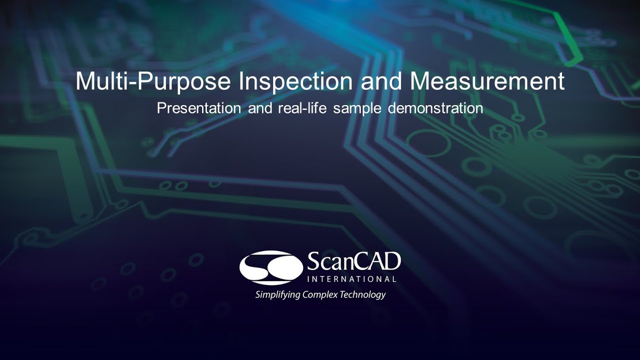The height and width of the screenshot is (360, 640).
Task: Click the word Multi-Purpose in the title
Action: [x=154, y=81]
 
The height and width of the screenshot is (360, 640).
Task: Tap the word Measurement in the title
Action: [x=487, y=81]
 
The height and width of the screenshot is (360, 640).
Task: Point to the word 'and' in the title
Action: [x=381, y=81]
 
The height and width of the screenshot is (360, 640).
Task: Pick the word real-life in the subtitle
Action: [x=303, y=108]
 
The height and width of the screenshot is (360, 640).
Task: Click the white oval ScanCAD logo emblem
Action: [x=271, y=267]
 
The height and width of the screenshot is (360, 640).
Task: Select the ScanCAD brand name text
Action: [x=353, y=261]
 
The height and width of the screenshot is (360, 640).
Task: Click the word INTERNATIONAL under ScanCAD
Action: [x=351, y=279]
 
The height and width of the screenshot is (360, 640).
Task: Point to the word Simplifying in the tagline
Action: [x=277, y=294]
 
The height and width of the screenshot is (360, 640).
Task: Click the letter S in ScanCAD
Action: [x=313, y=261]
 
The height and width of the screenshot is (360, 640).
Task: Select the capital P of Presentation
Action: [x=161, y=108]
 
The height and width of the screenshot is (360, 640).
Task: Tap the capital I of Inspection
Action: [x=241, y=81]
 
